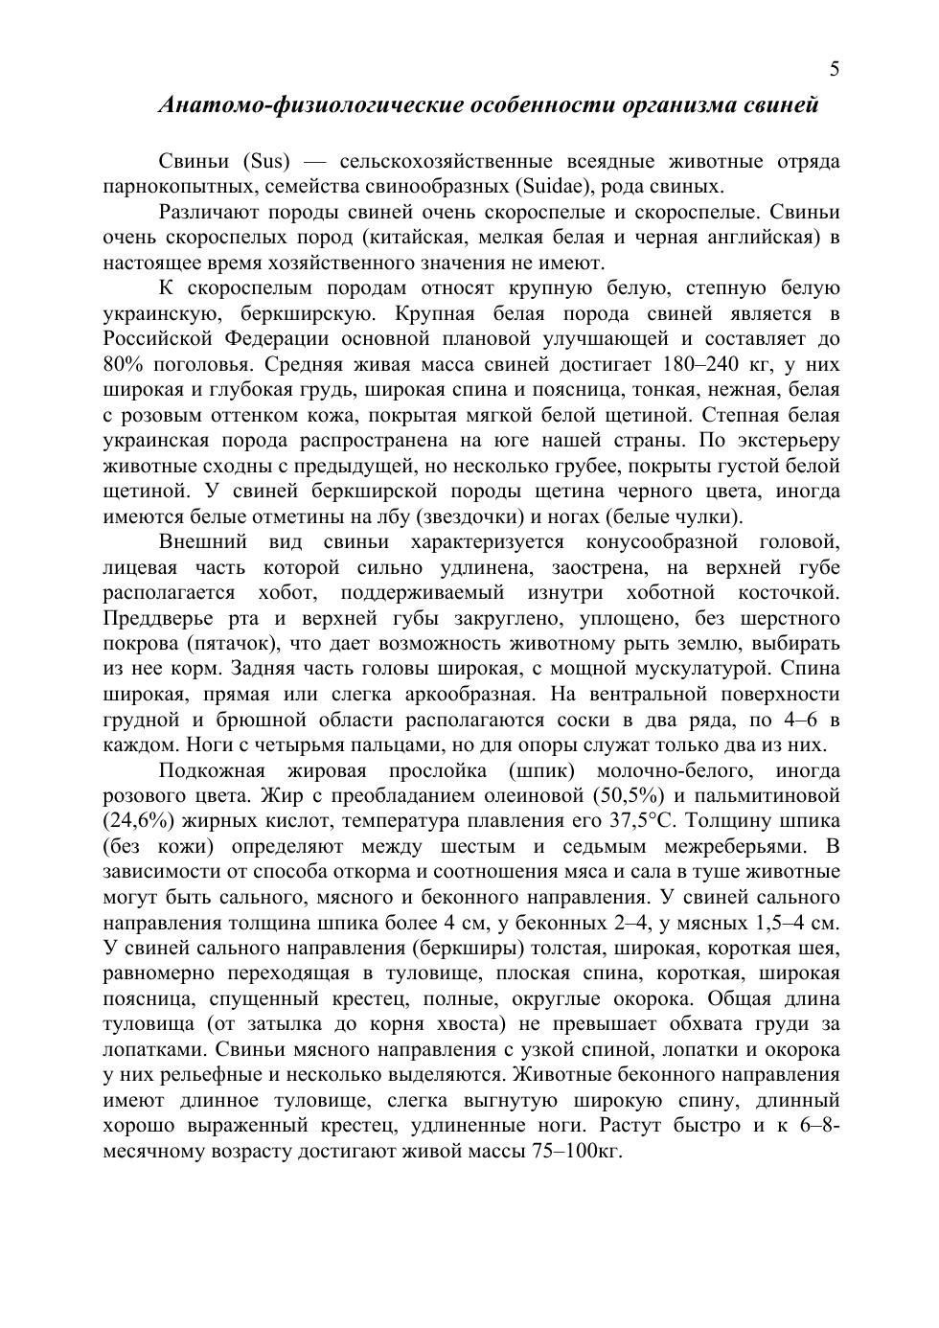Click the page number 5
(x=835, y=69)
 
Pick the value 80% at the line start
(x=123, y=364)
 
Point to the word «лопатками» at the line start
(x=149, y=1049)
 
